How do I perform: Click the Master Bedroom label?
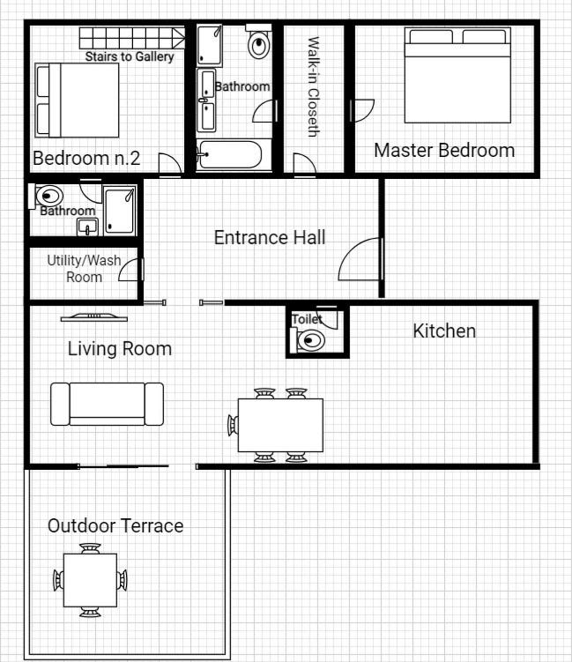444,151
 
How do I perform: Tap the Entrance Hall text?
270,237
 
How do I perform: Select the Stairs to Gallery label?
130,56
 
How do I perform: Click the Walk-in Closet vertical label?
313,86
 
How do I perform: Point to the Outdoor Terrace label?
115,526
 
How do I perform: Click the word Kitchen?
444,331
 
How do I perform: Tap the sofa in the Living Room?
107,404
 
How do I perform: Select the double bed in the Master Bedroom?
457,75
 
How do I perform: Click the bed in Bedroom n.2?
78,100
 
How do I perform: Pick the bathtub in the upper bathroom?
231,154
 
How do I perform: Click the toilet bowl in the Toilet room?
310,340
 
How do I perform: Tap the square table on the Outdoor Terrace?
90,580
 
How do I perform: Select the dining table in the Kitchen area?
280,425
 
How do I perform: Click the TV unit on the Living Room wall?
93,317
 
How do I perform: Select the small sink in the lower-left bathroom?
87,227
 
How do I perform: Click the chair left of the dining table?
233,425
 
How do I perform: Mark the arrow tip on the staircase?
185,38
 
